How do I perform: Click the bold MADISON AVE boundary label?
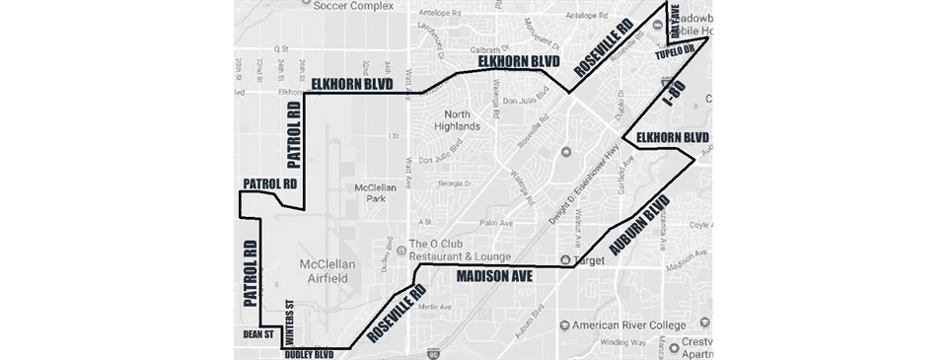tap(494, 278)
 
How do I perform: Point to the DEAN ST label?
tap(257, 335)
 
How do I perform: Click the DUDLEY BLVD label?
tap(310, 352)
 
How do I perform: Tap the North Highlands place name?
tap(455, 119)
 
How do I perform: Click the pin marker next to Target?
tap(564, 261)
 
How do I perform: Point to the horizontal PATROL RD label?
tap(268, 184)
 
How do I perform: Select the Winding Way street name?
tap(616, 343)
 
